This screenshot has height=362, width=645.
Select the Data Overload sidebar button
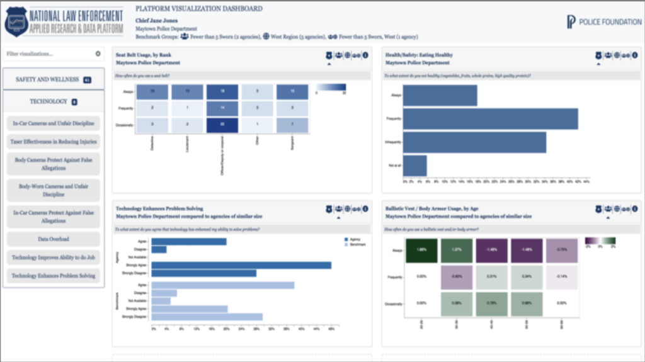(x=54, y=239)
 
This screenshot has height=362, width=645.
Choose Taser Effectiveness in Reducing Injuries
(x=54, y=142)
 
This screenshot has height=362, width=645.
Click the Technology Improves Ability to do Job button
(x=54, y=257)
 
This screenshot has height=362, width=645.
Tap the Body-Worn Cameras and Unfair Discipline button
(x=54, y=190)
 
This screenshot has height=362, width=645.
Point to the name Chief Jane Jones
(x=157, y=20)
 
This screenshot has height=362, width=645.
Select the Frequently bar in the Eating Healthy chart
(x=490, y=118)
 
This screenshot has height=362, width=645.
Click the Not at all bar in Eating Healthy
(x=415, y=166)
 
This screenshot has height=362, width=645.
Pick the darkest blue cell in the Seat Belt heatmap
(x=224, y=125)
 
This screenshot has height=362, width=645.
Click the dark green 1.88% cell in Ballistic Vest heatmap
(x=422, y=250)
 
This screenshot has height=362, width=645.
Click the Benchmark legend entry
(x=357, y=244)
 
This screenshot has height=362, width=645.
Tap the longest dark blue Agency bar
(x=241, y=265)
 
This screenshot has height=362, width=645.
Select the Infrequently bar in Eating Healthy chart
(x=474, y=142)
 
